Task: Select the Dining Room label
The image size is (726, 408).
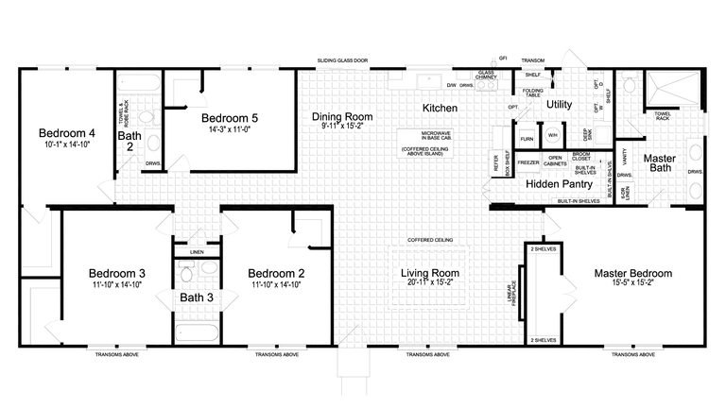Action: click(x=342, y=117)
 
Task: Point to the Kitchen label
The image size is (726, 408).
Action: click(x=440, y=109)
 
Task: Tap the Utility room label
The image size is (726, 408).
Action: click(x=560, y=105)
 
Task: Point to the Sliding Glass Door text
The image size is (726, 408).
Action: click(x=343, y=61)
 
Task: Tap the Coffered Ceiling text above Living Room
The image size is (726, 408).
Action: click(x=430, y=240)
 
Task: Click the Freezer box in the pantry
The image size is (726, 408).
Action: click(x=528, y=162)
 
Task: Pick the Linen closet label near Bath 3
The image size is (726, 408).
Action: click(x=197, y=252)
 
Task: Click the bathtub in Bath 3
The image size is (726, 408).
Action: click(x=197, y=331)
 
